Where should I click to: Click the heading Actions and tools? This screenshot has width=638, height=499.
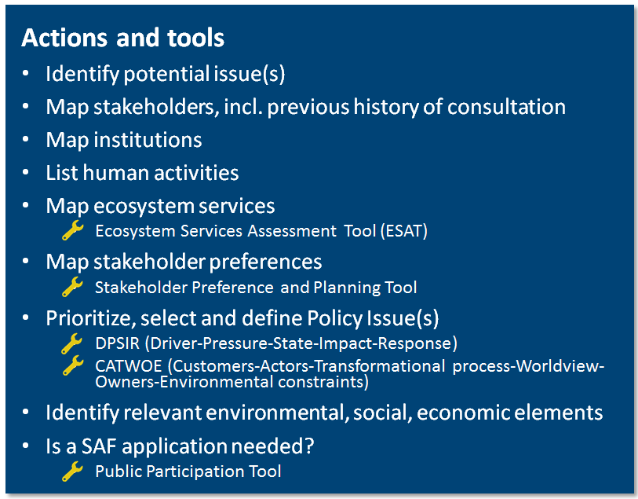coord(122,38)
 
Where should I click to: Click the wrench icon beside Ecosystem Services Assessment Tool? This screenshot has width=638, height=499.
coord(72,230)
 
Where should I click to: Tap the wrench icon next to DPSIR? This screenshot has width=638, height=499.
coord(72,343)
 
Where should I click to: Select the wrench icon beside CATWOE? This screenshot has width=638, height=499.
coord(72,365)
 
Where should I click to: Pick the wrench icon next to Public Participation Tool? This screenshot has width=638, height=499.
coord(72,471)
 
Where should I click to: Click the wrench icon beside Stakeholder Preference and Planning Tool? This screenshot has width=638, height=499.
coord(72,287)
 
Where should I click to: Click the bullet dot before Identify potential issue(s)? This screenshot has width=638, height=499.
coord(27,74)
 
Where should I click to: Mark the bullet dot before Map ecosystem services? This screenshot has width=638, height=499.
coord(27,205)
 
